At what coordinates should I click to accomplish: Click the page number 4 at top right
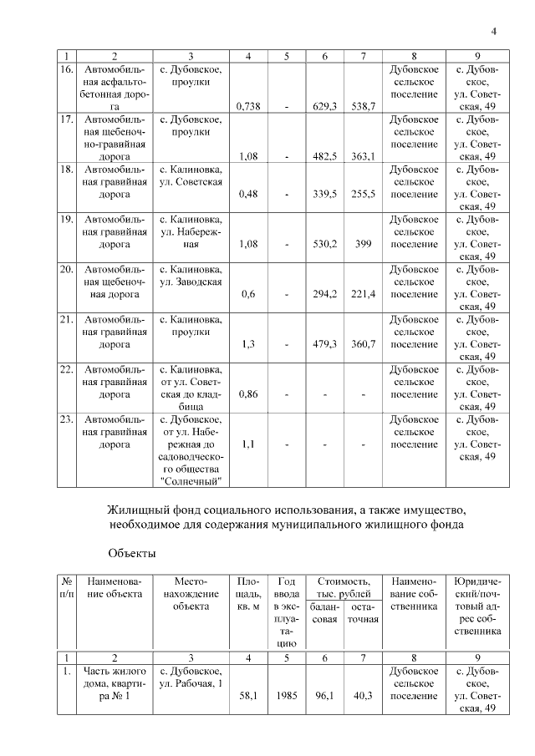[494, 32]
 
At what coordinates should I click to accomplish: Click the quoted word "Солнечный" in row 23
[191, 482]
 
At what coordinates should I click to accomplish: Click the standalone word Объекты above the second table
[131, 552]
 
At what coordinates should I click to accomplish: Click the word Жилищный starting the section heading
[135, 509]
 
